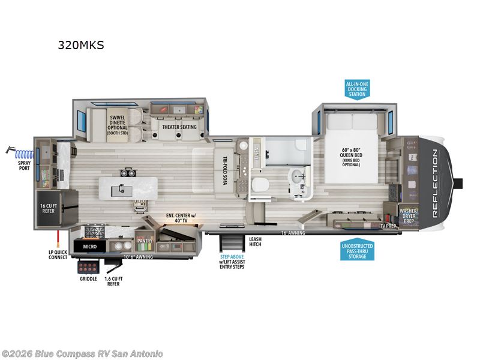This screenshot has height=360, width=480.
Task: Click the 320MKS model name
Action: click(80, 45)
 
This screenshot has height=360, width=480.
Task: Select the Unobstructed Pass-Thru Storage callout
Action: click(357, 251)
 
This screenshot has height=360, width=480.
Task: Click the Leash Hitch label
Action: click(255, 241)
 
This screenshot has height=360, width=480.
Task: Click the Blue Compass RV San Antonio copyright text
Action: click(82, 353)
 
